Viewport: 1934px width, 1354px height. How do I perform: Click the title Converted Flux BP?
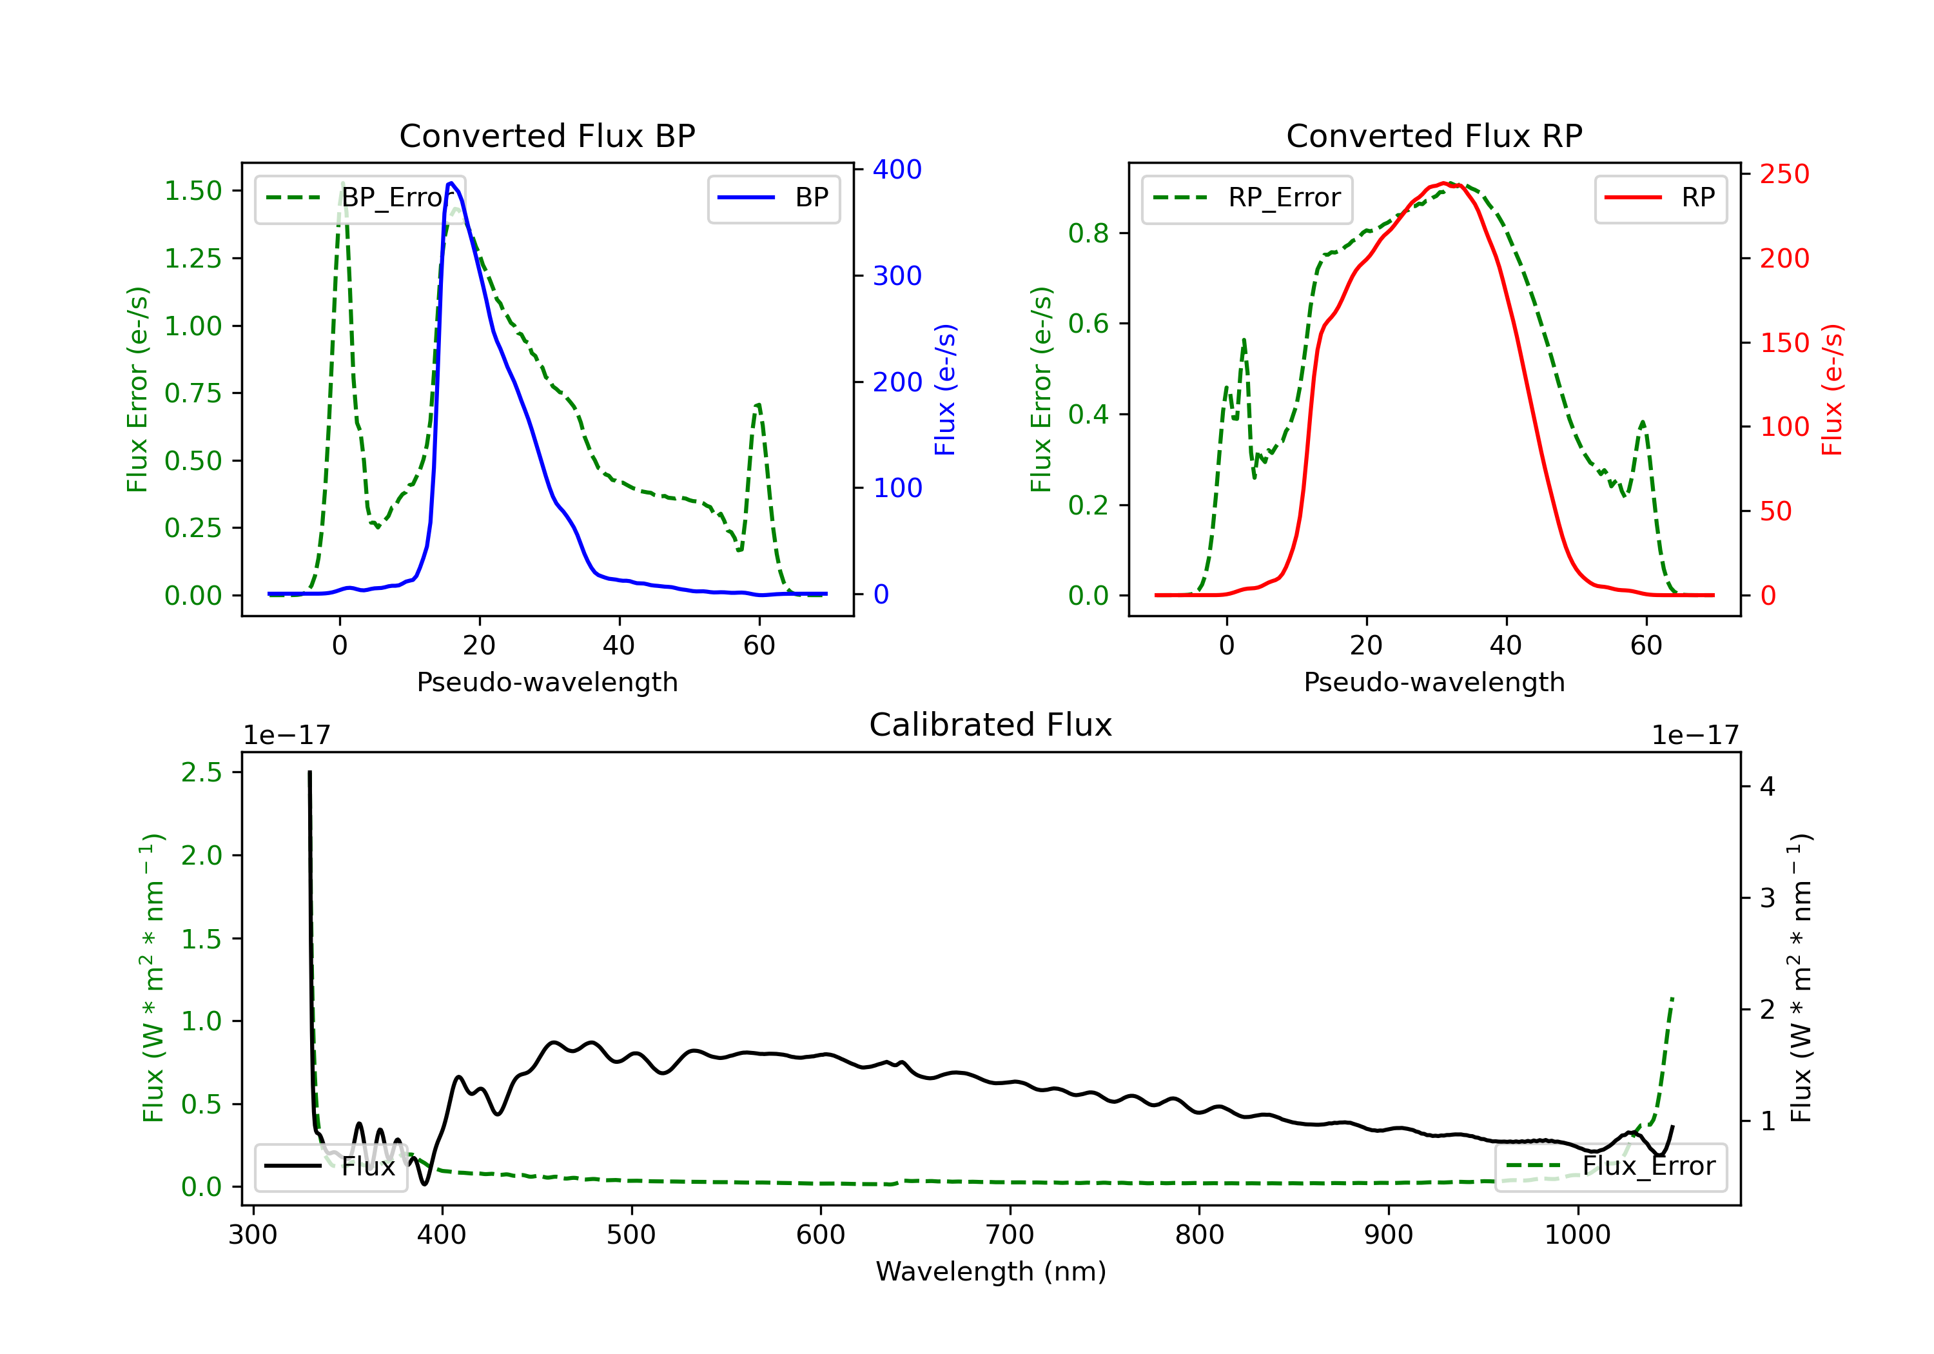(x=547, y=135)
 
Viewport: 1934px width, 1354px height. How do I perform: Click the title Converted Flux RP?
(x=1434, y=135)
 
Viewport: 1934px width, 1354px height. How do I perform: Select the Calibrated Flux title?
(x=991, y=725)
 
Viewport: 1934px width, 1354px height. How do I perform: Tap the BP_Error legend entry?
(x=360, y=198)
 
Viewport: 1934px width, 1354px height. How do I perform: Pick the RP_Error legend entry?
(x=1247, y=198)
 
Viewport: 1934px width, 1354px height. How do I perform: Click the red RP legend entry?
(x=1660, y=198)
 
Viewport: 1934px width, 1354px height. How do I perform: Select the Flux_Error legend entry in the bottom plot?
(x=1610, y=1166)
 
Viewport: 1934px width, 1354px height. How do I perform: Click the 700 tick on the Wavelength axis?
(x=1010, y=1235)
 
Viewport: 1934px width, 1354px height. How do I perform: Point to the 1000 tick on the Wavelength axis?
(x=1577, y=1235)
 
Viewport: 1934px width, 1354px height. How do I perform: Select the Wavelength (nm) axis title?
(x=991, y=1271)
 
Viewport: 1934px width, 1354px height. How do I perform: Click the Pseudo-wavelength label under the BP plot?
(x=547, y=682)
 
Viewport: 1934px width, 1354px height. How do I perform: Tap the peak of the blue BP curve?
(x=451, y=183)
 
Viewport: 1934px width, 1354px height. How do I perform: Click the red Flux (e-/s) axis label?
(x=1832, y=390)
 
